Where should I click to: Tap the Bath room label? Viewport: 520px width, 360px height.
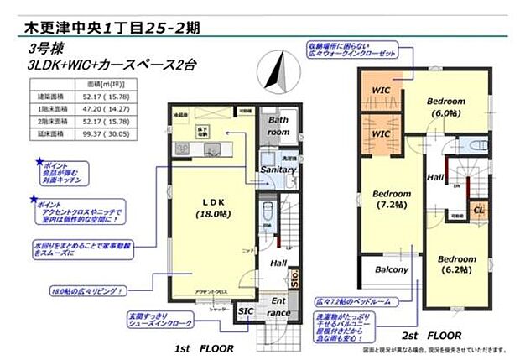[278, 126]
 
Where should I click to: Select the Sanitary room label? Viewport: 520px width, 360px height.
[277, 170]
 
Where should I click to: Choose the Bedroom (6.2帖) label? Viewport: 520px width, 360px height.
[459, 265]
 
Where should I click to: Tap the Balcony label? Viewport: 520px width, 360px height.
[391, 270]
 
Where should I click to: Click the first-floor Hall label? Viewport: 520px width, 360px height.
[278, 263]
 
